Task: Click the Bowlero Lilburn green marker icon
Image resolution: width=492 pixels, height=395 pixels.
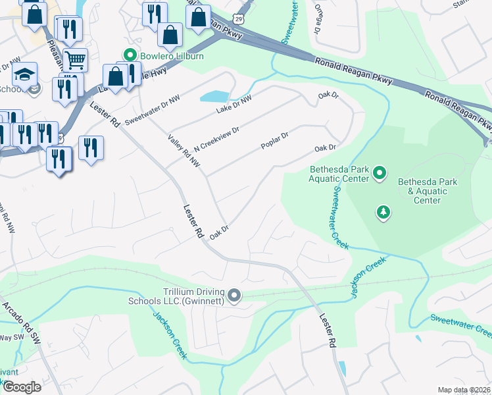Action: pos(130,56)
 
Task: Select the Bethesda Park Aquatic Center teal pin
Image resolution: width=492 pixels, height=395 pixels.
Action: pos(380,173)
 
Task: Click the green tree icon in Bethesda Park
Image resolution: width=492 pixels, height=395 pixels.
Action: pos(382,212)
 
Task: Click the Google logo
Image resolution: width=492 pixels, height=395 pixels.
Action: pos(22,386)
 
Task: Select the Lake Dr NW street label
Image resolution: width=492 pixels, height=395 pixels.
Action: pos(234,104)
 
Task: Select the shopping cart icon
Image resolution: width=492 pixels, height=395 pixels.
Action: pos(75,60)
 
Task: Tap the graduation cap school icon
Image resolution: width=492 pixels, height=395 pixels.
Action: pos(24,73)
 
